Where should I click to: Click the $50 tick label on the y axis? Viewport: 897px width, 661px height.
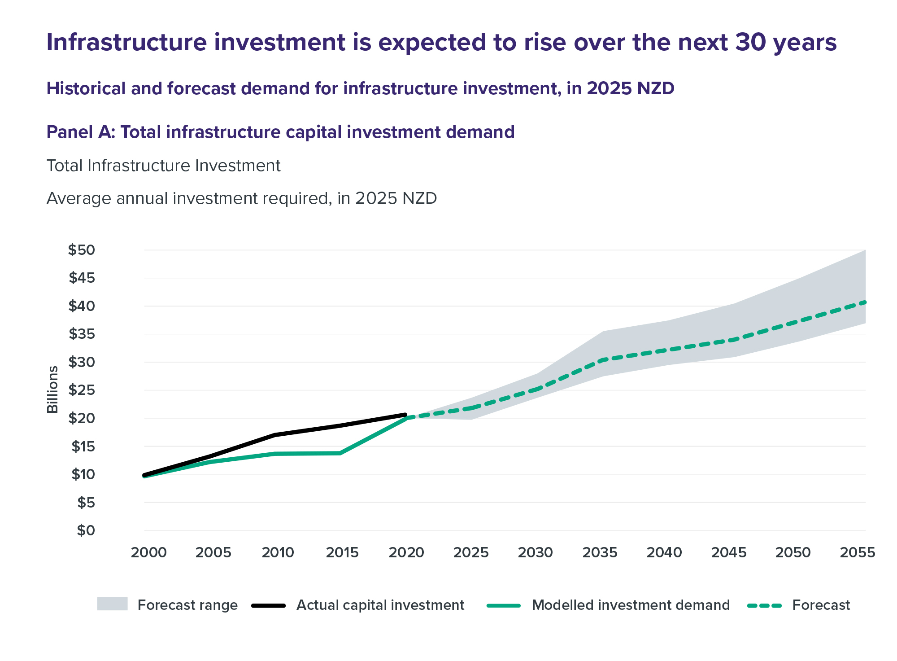[82, 250]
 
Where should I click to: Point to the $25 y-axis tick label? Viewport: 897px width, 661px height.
[82, 390]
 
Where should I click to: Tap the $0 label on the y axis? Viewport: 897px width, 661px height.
[86, 530]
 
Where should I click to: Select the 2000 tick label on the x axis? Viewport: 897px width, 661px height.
[149, 552]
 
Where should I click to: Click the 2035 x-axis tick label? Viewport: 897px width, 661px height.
[600, 552]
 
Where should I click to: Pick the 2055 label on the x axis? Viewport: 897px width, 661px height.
[858, 552]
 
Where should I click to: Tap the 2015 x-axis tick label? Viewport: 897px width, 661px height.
[342, 552]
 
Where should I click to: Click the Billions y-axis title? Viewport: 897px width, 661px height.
[53, 390]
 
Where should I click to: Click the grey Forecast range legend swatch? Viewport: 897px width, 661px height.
[113, 604]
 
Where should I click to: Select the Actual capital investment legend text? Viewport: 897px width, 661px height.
[380, 605]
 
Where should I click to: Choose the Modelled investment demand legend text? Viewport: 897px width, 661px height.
[631, 605]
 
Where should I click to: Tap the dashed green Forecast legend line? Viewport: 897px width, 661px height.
[764, 606]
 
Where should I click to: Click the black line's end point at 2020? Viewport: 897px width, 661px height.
[405, 415]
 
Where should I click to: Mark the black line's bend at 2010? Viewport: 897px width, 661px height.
[274, 435]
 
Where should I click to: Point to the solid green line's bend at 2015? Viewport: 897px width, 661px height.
[340, 453]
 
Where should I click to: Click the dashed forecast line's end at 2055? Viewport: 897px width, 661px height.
[865, 302]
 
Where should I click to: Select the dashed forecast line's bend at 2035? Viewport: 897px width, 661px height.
[604, 360]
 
